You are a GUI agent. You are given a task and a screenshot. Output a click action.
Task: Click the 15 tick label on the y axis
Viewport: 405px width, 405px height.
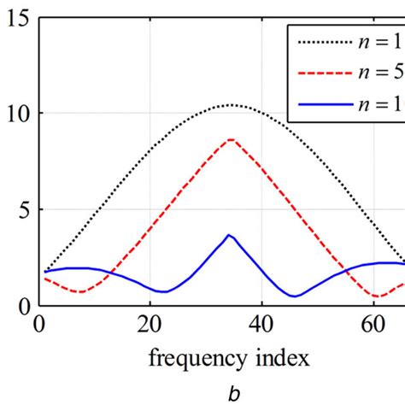tap(18, 17)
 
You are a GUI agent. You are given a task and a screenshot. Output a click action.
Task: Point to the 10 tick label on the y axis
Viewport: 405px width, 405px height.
tap(18, 114)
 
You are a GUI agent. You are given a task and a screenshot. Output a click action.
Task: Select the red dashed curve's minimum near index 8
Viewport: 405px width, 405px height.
tap(79, 291)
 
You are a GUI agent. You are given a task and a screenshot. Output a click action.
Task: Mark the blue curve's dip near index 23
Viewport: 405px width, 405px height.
tap(167, 291)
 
